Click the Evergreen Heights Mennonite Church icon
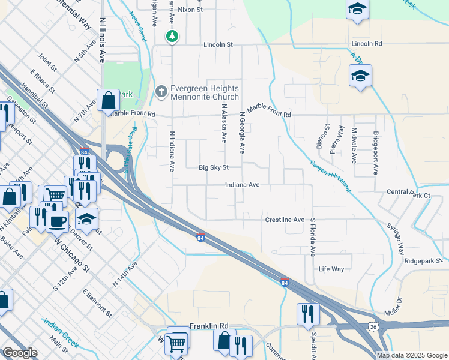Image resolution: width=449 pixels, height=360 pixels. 160,92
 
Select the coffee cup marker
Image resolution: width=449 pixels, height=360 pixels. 57,220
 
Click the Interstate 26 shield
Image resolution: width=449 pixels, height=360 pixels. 373,326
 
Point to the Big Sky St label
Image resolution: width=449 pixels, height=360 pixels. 214,169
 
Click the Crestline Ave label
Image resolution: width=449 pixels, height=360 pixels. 285,220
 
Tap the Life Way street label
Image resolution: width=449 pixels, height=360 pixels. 331,269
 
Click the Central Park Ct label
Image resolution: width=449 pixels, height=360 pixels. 409,195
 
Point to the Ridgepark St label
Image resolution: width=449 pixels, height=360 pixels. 423,261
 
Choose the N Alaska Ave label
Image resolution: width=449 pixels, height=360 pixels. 223,124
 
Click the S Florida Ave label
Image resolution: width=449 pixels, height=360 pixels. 313,238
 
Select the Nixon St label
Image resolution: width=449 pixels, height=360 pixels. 191,10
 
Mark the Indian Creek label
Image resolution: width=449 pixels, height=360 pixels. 60,333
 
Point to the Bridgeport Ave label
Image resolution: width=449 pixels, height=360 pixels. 376,152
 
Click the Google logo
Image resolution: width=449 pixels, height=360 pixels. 20,353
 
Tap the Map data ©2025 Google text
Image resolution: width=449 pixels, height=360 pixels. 411,355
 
